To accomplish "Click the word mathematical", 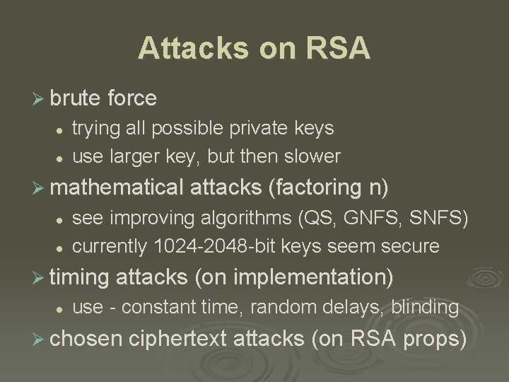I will point(117,188).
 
